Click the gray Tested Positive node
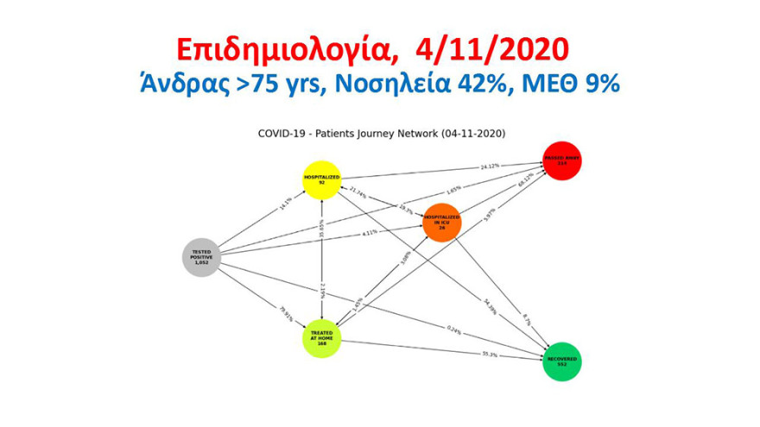[202, 257]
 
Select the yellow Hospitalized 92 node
[321, 179]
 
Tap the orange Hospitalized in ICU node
[441, 223]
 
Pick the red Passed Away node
[562, 160]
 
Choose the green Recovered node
[562, 360]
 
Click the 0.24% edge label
[453, 328]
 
